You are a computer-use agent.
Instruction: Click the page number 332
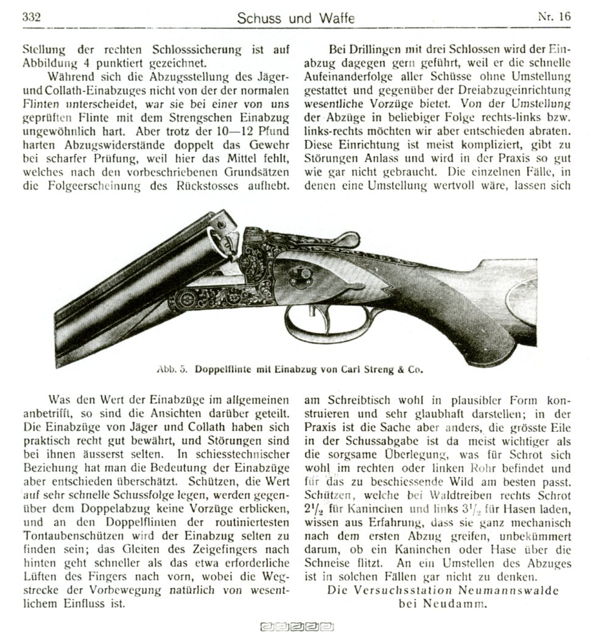[x=30, y=17]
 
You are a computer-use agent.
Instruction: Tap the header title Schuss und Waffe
[x=296, y=18]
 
